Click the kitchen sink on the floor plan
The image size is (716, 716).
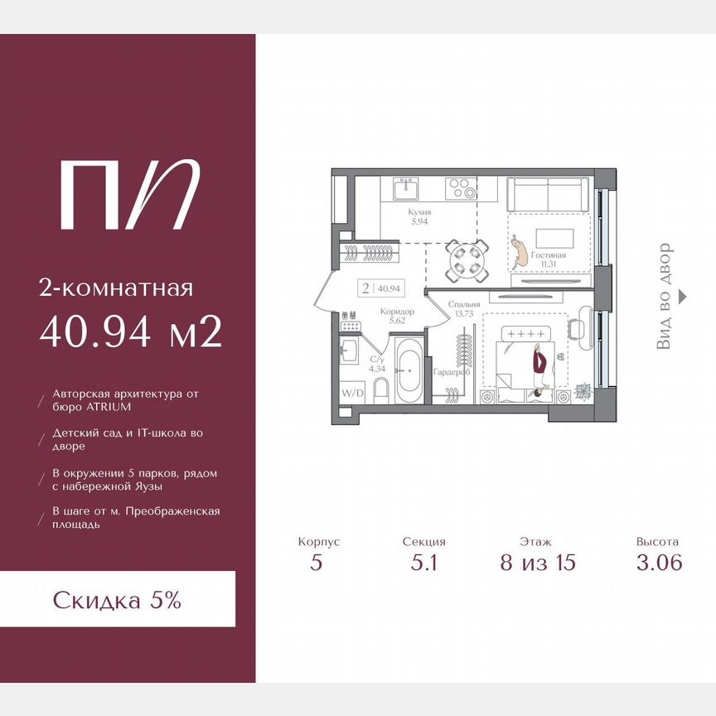coord(406,189)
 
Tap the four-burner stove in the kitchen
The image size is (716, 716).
coord(462,189)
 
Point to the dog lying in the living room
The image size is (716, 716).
coord(520,252)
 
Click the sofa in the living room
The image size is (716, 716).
coord(548,195)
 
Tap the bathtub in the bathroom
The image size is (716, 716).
coord(409,370)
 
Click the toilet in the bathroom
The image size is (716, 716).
coord(380,392)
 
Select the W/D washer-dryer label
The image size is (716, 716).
coord(353,393)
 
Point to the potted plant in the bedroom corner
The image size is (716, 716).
coord(583,391)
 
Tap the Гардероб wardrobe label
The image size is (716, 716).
coord(451,372)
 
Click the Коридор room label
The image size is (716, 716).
coord(397,312)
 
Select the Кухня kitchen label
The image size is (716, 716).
coord(419,212)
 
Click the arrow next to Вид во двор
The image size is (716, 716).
coord(682,297)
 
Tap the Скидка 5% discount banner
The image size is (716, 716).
coord(118,599)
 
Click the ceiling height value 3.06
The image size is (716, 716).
coord(660,562)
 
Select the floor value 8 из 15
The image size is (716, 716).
coord(538,562)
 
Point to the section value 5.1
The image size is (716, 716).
coord(423,562)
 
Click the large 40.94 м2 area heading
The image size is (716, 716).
coord(131,331)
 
